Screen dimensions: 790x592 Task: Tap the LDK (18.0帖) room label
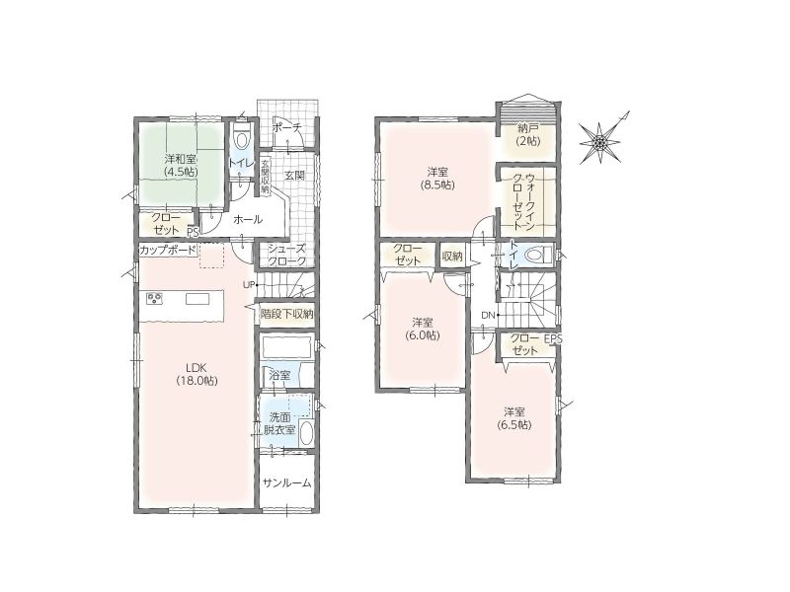pyautogui.click(x=197, y=374)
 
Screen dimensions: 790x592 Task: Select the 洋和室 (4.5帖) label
pyautogui.click(x=181, y=165)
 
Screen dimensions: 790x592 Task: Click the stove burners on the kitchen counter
pyautogui.click(x=155, y=299)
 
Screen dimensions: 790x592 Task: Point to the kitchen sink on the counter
pyautogui.click(x=197, y=299)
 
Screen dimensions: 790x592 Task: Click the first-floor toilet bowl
pyautogui.click(x=242, y=138)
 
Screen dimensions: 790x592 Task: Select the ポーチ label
pyautogui.click(x=286, y=128)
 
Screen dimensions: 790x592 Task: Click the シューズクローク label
pyautogui.click(x=286, y=256)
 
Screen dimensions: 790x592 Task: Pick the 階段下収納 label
pyautogui.click(x=286, y=314)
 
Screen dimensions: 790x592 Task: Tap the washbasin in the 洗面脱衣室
pyautogui.click(x=306, y=433)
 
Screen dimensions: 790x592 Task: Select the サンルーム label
pyautogui.click(x=287, y=483)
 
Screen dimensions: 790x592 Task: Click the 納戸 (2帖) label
pyautogui.click(x=527, y=135)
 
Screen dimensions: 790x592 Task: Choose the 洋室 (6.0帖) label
pyautogui.click(x=423, y=330)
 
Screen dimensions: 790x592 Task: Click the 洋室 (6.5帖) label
pyautogui.click(x=514, y=417)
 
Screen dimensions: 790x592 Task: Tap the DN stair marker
pyautogui.click(x=488, y=316)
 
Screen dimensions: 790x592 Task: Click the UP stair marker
pyautogui.click(x=249, y=285)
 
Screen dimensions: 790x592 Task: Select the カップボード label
pyautogui.click(x=167, y=251)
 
